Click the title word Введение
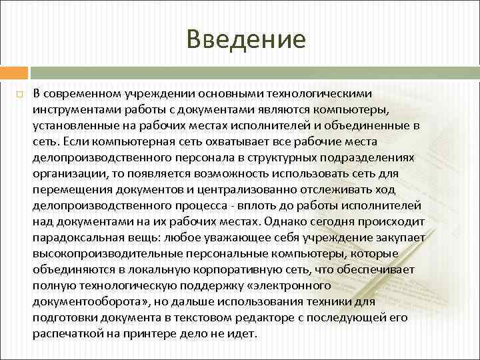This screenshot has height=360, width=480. (x=246, y=39)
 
